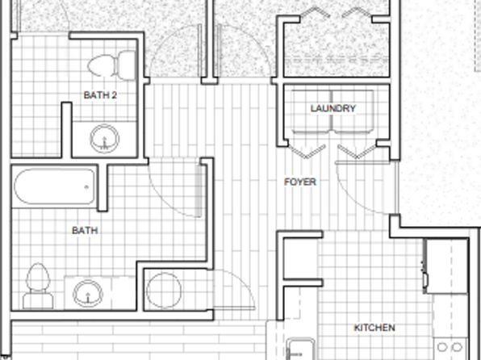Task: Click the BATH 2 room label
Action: pos(100,95)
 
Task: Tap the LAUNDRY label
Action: pos(333,108)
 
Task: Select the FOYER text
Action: pos(300,182)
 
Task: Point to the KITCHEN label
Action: pos(374,328)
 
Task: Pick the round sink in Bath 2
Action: pos(104,139)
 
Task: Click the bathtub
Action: pos(55,186)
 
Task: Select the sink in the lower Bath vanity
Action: pos(88,293)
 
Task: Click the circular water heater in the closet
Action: pos(164,291)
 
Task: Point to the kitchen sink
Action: pos(300,349)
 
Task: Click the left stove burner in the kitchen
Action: pos(442,347)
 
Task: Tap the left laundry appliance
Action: pos(312,111)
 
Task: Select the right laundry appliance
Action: pos(353,111)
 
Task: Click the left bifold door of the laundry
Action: pos(307,150)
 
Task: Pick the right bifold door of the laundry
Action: pos(358,150)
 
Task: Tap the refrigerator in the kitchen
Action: pos(446,266)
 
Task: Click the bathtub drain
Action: pos(86,186)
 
